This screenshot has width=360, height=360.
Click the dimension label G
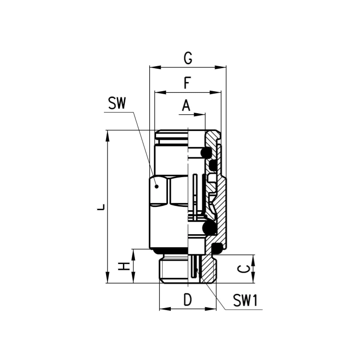point(188,58)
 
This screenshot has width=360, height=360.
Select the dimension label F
point(187,83)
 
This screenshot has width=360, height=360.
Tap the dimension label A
point(186,106)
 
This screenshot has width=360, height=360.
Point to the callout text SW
point(117,103)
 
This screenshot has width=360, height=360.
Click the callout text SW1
point(245,300)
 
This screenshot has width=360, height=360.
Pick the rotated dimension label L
point(101,207)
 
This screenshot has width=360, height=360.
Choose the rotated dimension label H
point(124,266)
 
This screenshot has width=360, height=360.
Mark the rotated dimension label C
point(243,269)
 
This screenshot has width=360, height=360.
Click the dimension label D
point(188,300)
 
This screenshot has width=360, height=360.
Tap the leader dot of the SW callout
point(156,186)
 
